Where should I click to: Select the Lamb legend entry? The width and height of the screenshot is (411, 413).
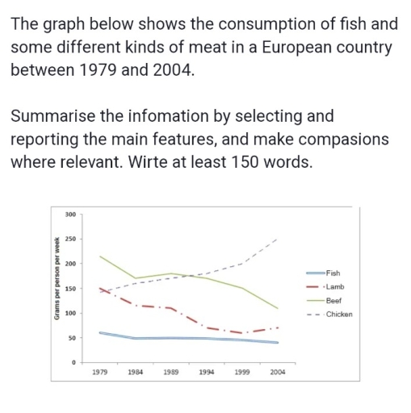[x=333, y=286]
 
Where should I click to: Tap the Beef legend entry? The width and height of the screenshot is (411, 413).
[x=332, y=300]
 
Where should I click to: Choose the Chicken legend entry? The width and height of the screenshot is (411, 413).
[x=338, y=314]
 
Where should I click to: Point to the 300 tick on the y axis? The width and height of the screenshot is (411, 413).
[x=69, y=215]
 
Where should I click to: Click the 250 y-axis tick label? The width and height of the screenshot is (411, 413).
[x=69, y=240]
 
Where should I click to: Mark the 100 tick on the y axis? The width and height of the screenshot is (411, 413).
[x=69, y=313]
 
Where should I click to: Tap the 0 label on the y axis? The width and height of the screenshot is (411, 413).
[x=73, y=362]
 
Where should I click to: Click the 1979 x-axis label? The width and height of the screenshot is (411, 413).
[x=99, y=373]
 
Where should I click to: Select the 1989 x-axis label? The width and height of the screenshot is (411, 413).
[x=171, y=373]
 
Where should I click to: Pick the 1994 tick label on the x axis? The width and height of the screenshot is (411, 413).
[x=207, y=373]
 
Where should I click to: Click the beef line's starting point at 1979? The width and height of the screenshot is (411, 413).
[x=99, y=257]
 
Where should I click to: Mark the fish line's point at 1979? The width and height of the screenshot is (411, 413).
[x=99, y=332]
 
